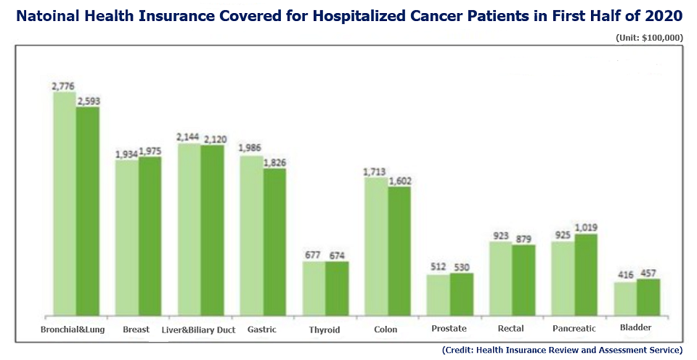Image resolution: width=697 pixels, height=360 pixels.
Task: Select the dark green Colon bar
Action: point(399,251)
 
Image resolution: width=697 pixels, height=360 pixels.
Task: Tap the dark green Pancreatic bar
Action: point(586,275)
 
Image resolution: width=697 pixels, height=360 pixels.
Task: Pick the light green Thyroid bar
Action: point(314,289)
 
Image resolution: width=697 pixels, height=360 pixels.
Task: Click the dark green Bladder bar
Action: point(648,298)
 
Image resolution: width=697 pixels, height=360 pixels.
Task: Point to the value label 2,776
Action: point(64,86)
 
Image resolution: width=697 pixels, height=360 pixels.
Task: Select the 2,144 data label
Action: point(188,137)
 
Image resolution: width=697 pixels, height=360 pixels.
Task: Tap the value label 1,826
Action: point(274,163)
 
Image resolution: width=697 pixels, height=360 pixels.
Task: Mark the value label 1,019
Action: point(586,228)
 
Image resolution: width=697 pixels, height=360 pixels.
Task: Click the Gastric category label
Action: point(262,330)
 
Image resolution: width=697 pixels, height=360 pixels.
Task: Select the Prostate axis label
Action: point(449,329)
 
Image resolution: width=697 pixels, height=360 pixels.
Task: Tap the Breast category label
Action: point(136,330)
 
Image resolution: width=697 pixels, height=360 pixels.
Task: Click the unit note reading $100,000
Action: point(662,37)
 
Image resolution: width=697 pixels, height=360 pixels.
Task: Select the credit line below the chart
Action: point(562,350)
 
